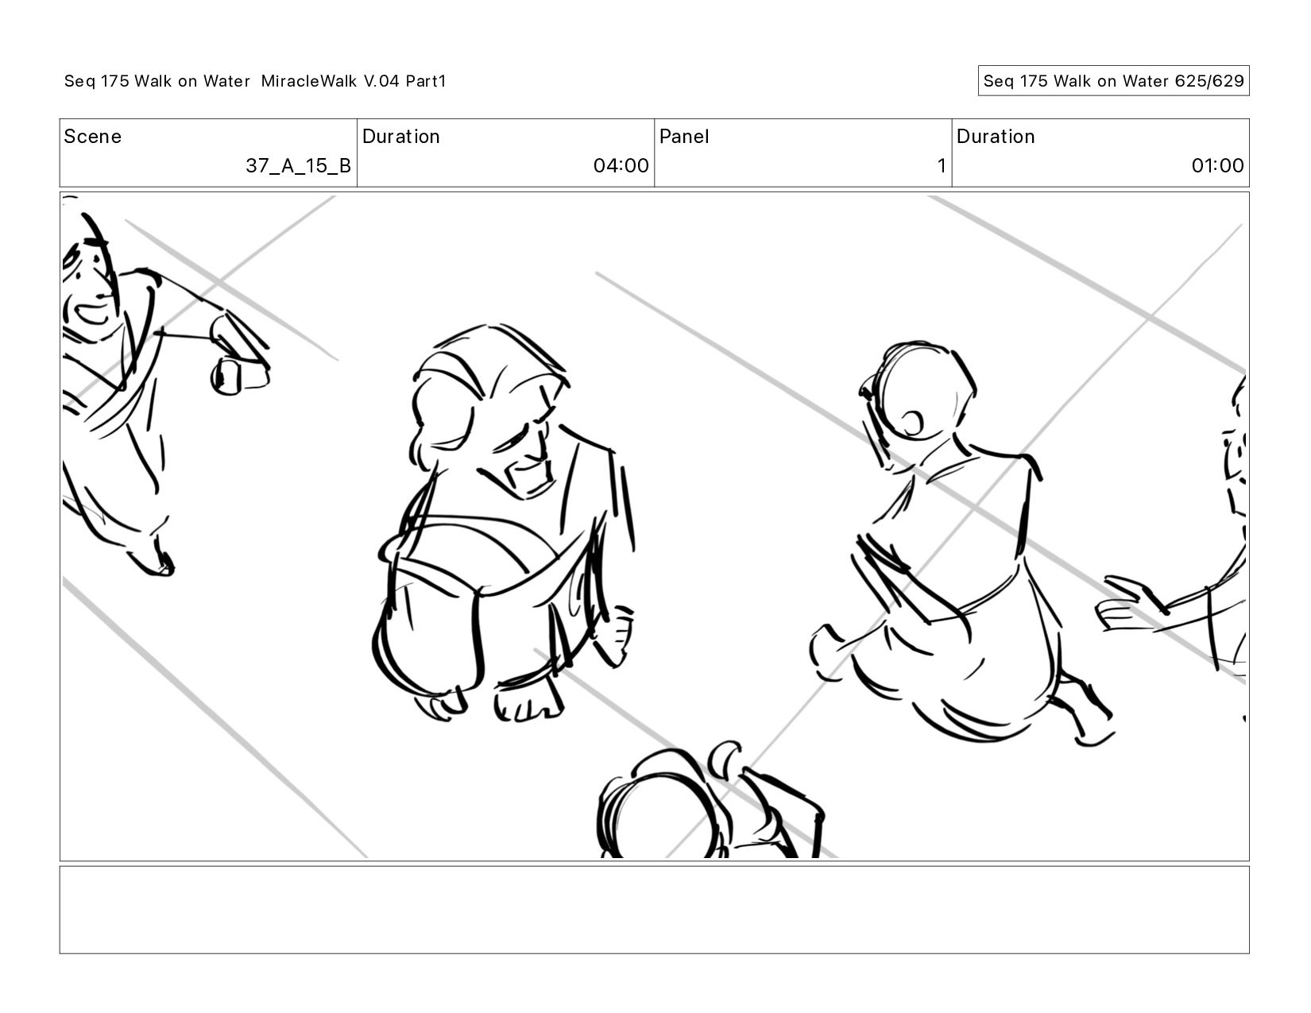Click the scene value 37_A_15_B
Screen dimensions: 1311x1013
pyautogui.click(x=298, y=165)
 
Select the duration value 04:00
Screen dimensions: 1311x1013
pyautogui.click(x=621, y=165)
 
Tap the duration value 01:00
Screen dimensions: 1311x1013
pyautogui.click(x=1217, y=165)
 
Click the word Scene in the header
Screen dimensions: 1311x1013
pyautogui.click(x=92, y=137)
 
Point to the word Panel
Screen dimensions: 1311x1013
pyautogui.click(x=683, y=137)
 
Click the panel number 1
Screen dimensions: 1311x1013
pyautogui.click(x=942, y=165)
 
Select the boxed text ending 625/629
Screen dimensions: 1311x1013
pyautogui.click(x=1113, y=81)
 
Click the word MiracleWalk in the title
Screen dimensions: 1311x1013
pyautogui.click(x=309, y=81)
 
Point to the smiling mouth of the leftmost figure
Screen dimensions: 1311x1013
pyautogui.click(x=92, y=314)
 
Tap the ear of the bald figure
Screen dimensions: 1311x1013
pyautogui.click(x=911, y=423)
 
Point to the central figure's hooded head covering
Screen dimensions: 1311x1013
pyautogui.click(x=489, y=374)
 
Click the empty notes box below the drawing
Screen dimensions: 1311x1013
pyautogui.click(x=654, y=910)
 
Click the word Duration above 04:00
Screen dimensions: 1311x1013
pyautogui.click(x=400, y=137)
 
